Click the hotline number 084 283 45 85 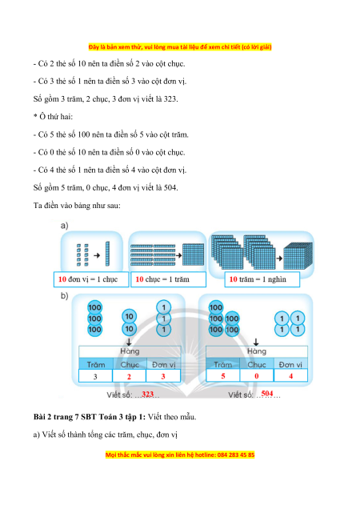point(236,455)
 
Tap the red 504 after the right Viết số point(267,394)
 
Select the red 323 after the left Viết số point(147,394)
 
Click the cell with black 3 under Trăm point(95,377)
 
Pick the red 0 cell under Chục point(257,376)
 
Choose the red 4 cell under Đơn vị point(291,376)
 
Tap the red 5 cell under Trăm point(223,376)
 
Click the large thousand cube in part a point(298,256)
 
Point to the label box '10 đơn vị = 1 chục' point(91,279)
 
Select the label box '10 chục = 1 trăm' point(168,279)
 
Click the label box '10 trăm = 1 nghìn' point(262,279)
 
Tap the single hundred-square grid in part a point(193,255)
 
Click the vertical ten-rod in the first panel point(107,254)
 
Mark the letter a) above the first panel point(64,225)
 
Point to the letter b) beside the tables point(64,296)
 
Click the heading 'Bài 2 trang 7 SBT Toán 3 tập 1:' point(90,417)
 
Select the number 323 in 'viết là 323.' point(170,98)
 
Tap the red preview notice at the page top point(180,47)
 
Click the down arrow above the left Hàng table point(129,342)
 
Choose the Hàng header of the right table point(257,351)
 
